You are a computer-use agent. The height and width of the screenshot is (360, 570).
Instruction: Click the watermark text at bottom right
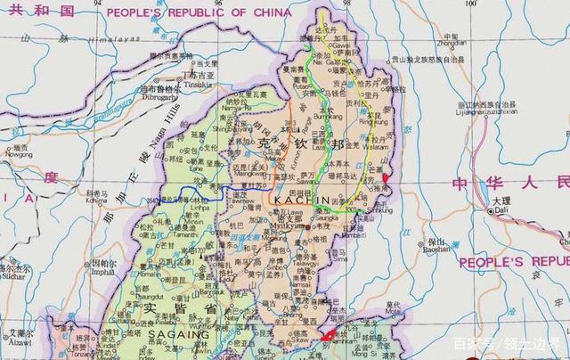tap(507, 344)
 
